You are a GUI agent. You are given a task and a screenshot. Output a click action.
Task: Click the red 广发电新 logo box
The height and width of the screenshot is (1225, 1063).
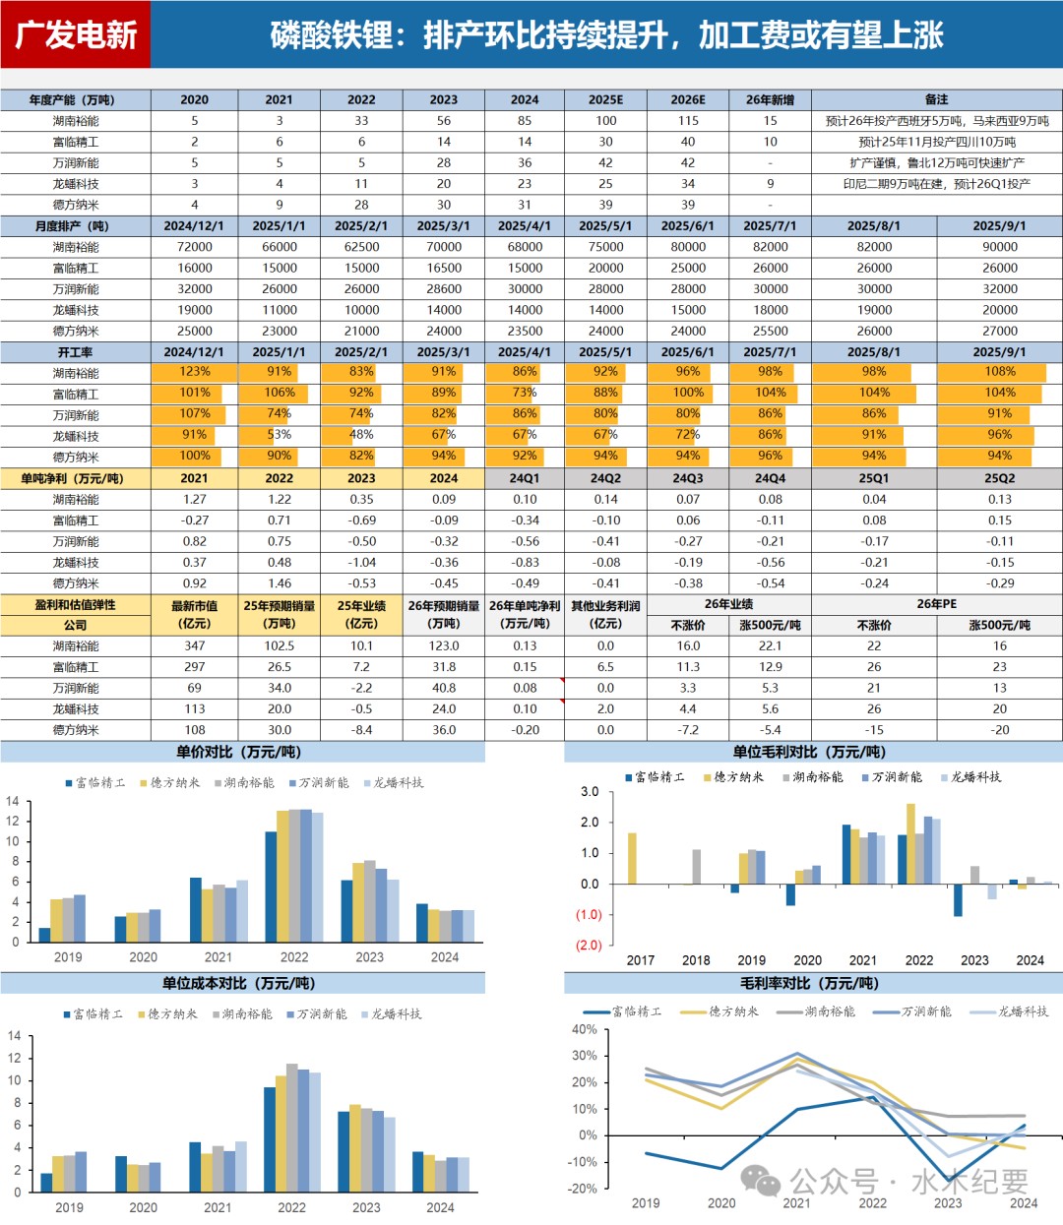(76, 34)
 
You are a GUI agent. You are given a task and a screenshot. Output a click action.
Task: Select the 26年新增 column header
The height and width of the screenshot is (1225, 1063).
(770, 99)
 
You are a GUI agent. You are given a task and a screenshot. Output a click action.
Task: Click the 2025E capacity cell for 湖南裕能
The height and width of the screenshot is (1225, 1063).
(605, 121)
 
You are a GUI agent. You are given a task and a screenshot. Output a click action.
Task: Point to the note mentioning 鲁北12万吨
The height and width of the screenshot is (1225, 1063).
(936, 163)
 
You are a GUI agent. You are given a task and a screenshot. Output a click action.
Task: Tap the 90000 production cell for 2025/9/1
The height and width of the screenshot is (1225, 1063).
(999, 247)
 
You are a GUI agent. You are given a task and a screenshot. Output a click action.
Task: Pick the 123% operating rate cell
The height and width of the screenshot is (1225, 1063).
(195, 372)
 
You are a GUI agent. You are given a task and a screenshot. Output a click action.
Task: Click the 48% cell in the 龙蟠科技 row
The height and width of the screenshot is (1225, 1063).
(361, 435)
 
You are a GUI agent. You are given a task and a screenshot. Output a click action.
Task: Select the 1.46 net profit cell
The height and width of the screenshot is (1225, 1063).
(280, 583)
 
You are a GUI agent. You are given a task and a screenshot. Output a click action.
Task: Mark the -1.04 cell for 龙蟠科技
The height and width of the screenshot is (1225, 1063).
(361, 563)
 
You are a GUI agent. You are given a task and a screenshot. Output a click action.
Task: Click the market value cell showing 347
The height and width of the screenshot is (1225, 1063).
(195, 646)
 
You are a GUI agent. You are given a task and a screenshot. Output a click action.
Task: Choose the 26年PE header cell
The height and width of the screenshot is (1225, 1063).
(936, 604)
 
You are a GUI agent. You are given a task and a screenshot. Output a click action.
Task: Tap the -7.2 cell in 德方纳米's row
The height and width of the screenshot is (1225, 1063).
(688, 730)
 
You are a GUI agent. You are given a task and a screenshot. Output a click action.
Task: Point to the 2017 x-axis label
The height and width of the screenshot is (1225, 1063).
(641, 960)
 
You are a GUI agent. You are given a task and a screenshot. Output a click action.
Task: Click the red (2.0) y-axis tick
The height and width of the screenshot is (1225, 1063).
(589, 946)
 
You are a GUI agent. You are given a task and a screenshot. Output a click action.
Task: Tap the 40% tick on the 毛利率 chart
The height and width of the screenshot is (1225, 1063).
(584, 1030)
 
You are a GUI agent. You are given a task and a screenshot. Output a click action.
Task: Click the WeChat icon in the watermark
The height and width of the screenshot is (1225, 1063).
(761, 1181)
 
